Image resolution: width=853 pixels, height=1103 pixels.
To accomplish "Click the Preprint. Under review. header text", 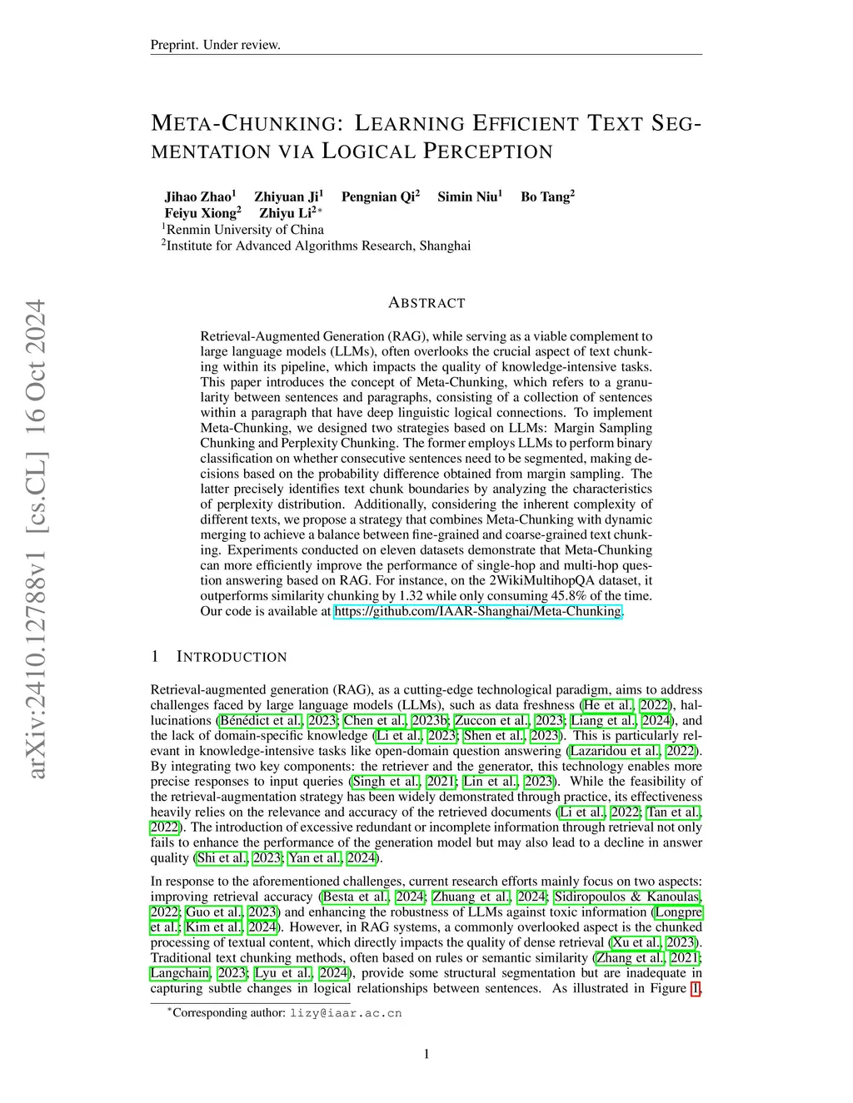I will (x=215, y=45).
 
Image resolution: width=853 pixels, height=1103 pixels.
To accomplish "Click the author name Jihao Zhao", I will (x=198, y=197).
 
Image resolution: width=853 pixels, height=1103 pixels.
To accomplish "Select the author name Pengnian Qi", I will (x=378, y=197).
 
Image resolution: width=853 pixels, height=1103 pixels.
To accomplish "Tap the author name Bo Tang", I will (x=545, y=197).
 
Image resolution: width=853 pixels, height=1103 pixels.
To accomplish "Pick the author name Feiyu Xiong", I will (x=200, y=213).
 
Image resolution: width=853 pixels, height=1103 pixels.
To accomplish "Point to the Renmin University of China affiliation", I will (x=244, y=230).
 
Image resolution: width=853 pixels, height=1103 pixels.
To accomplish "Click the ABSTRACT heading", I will (x=426, y=303).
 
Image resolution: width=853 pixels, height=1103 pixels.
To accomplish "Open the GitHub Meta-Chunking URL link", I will (x=477, y=611).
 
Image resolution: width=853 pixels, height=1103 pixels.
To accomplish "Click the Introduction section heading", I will (x=231, y=657).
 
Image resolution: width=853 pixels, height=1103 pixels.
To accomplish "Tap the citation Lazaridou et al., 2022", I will (x=634, y=751).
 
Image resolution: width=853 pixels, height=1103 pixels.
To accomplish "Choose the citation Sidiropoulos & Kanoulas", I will (x=628, y=897).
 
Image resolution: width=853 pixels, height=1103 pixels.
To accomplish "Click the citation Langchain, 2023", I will (x=197, y=973).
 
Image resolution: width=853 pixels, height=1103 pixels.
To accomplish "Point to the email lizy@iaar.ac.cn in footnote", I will (x=345, y=1013).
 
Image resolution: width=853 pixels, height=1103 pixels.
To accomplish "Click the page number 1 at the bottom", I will (x=426, y=1055).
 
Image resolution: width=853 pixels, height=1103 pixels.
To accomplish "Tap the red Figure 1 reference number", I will (x=696, y=988).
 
